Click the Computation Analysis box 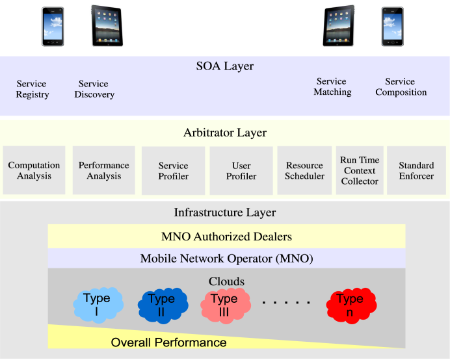(x=34, y=170)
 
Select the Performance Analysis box (x=103, y=170)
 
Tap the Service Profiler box (x=174, y=171)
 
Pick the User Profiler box (x=241, y=171)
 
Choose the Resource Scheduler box (x=304, y=170)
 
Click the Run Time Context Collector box (x=360, y=170)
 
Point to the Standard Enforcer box (x=416, y=170)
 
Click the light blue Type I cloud (x=98, y=305)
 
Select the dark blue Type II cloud (x=163, y=306)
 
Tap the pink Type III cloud (x=225, y=306)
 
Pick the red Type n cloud (x=351, y=306)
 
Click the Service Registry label (x=32, y=89)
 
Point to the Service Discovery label (x=94, y=89)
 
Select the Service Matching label (x=332, y=86)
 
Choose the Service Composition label (x=401, y=86)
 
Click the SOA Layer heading (x=225, y=66)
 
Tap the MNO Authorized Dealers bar (x=226, y=236)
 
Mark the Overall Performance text (x=169, y=342)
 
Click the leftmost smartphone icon (x=53, y=27)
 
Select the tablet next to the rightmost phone (x=339, y=25)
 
